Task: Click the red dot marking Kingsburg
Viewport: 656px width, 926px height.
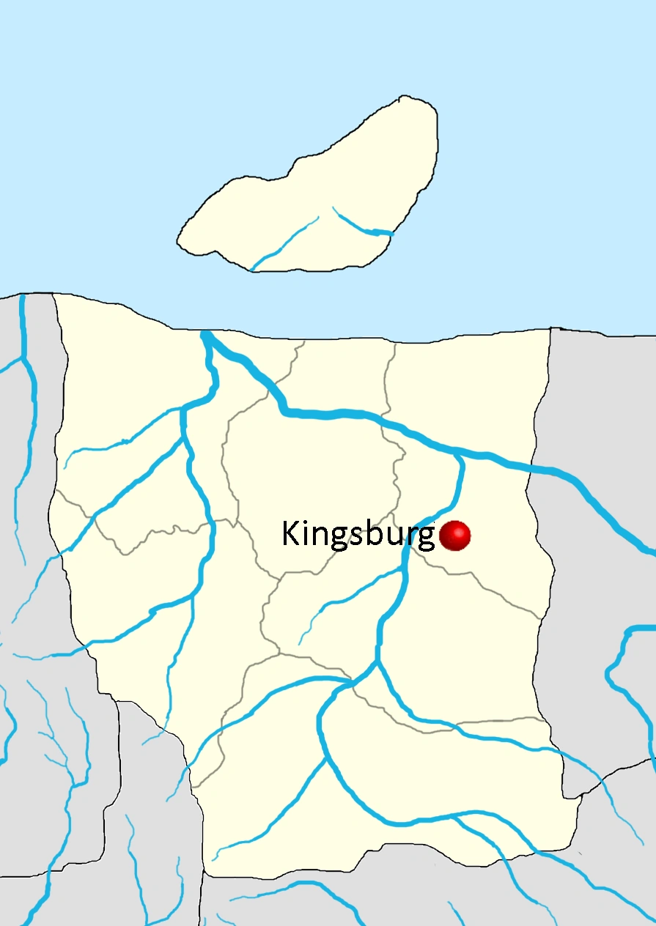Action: pyautogui.click(x=454, y=536)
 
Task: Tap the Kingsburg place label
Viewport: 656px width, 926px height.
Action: pyautogui.click(x=358, y=536)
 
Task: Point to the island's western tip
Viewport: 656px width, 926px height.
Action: pyautogui.click(x=177, y=241)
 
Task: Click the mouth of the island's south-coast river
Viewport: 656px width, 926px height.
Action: pyautogui.click(x=251, y=271)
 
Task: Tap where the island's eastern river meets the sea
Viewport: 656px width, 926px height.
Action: pyautogui.click(x=391, y=234)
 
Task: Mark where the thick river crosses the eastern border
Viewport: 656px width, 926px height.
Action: pyautogui.click(x=529, y=467)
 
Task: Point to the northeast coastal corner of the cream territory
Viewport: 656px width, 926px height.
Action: pyautogui.click(x=550, y=329)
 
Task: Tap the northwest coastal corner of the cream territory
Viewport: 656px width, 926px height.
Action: pyautogui.click(x=54, y=295)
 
